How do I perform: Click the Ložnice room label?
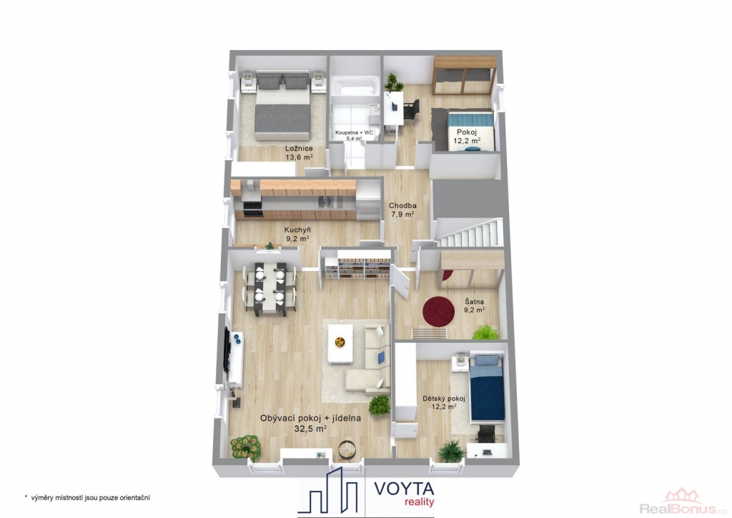click(x=299, y=149)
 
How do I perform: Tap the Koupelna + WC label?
click(x=355, y=132)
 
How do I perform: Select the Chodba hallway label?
click(x=402, y=205)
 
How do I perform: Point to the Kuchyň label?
click(x=297, y=230)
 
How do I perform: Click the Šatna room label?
click(x=474, y=302)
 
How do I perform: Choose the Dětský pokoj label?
click(x=443, y=399)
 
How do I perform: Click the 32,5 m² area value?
click(x=310, y=427)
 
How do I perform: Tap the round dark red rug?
click(x=438, y=311)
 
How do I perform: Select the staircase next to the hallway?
click(x=470, y=232)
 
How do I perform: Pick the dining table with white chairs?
click(x=269, y=288)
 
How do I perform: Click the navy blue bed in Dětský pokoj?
click(x=488, y=387)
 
